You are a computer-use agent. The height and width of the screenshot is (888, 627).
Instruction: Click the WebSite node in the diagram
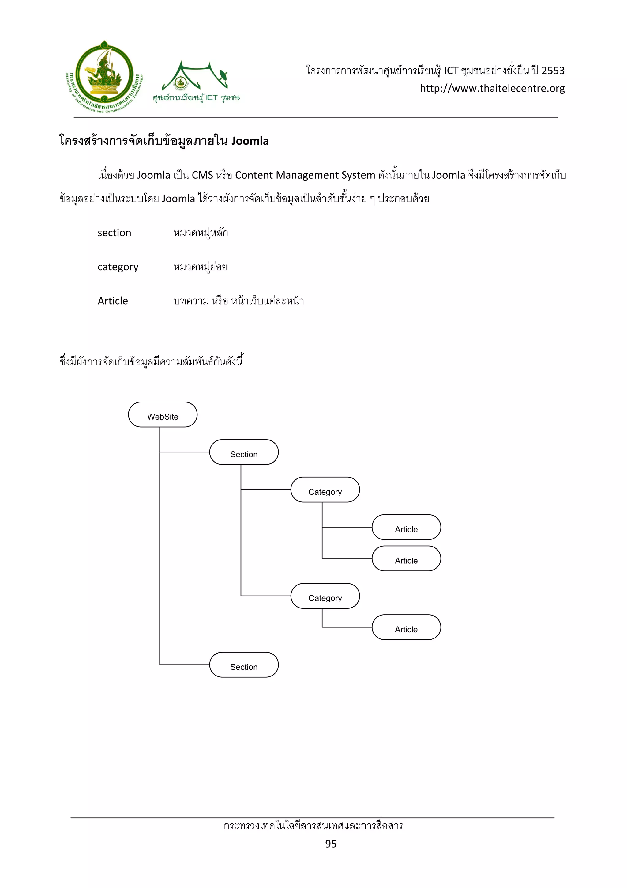[x=163, y=415]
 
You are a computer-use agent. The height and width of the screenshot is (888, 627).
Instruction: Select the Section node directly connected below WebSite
[x=244, y=452]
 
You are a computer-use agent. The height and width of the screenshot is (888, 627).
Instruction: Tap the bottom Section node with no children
[x=244, y=665]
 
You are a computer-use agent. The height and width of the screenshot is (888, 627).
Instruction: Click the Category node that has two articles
[x=325, y=490]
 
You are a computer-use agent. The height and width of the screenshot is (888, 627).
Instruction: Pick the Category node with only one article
[x=325, y=596]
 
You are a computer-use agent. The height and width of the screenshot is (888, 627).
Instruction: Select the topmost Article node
[x=406, y=527]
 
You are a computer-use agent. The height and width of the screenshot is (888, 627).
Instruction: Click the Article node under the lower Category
[x=406, y=627]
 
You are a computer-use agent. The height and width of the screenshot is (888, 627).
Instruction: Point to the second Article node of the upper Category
[x=406, y=558]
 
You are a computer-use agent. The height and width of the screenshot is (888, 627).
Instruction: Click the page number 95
[x=331, y=844]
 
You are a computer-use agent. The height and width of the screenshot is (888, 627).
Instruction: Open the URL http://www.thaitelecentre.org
[x=492, y=89]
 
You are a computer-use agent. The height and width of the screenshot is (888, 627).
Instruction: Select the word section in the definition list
[x=115, y=233]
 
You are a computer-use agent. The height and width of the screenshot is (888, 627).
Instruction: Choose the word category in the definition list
[x=118, y=267]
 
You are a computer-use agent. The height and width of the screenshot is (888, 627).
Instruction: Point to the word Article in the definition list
[x=112, y=301]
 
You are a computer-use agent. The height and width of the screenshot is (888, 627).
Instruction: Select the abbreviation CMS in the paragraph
[x=202, y=176]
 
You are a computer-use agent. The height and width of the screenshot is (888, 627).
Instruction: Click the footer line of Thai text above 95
[x=313, y=826]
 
